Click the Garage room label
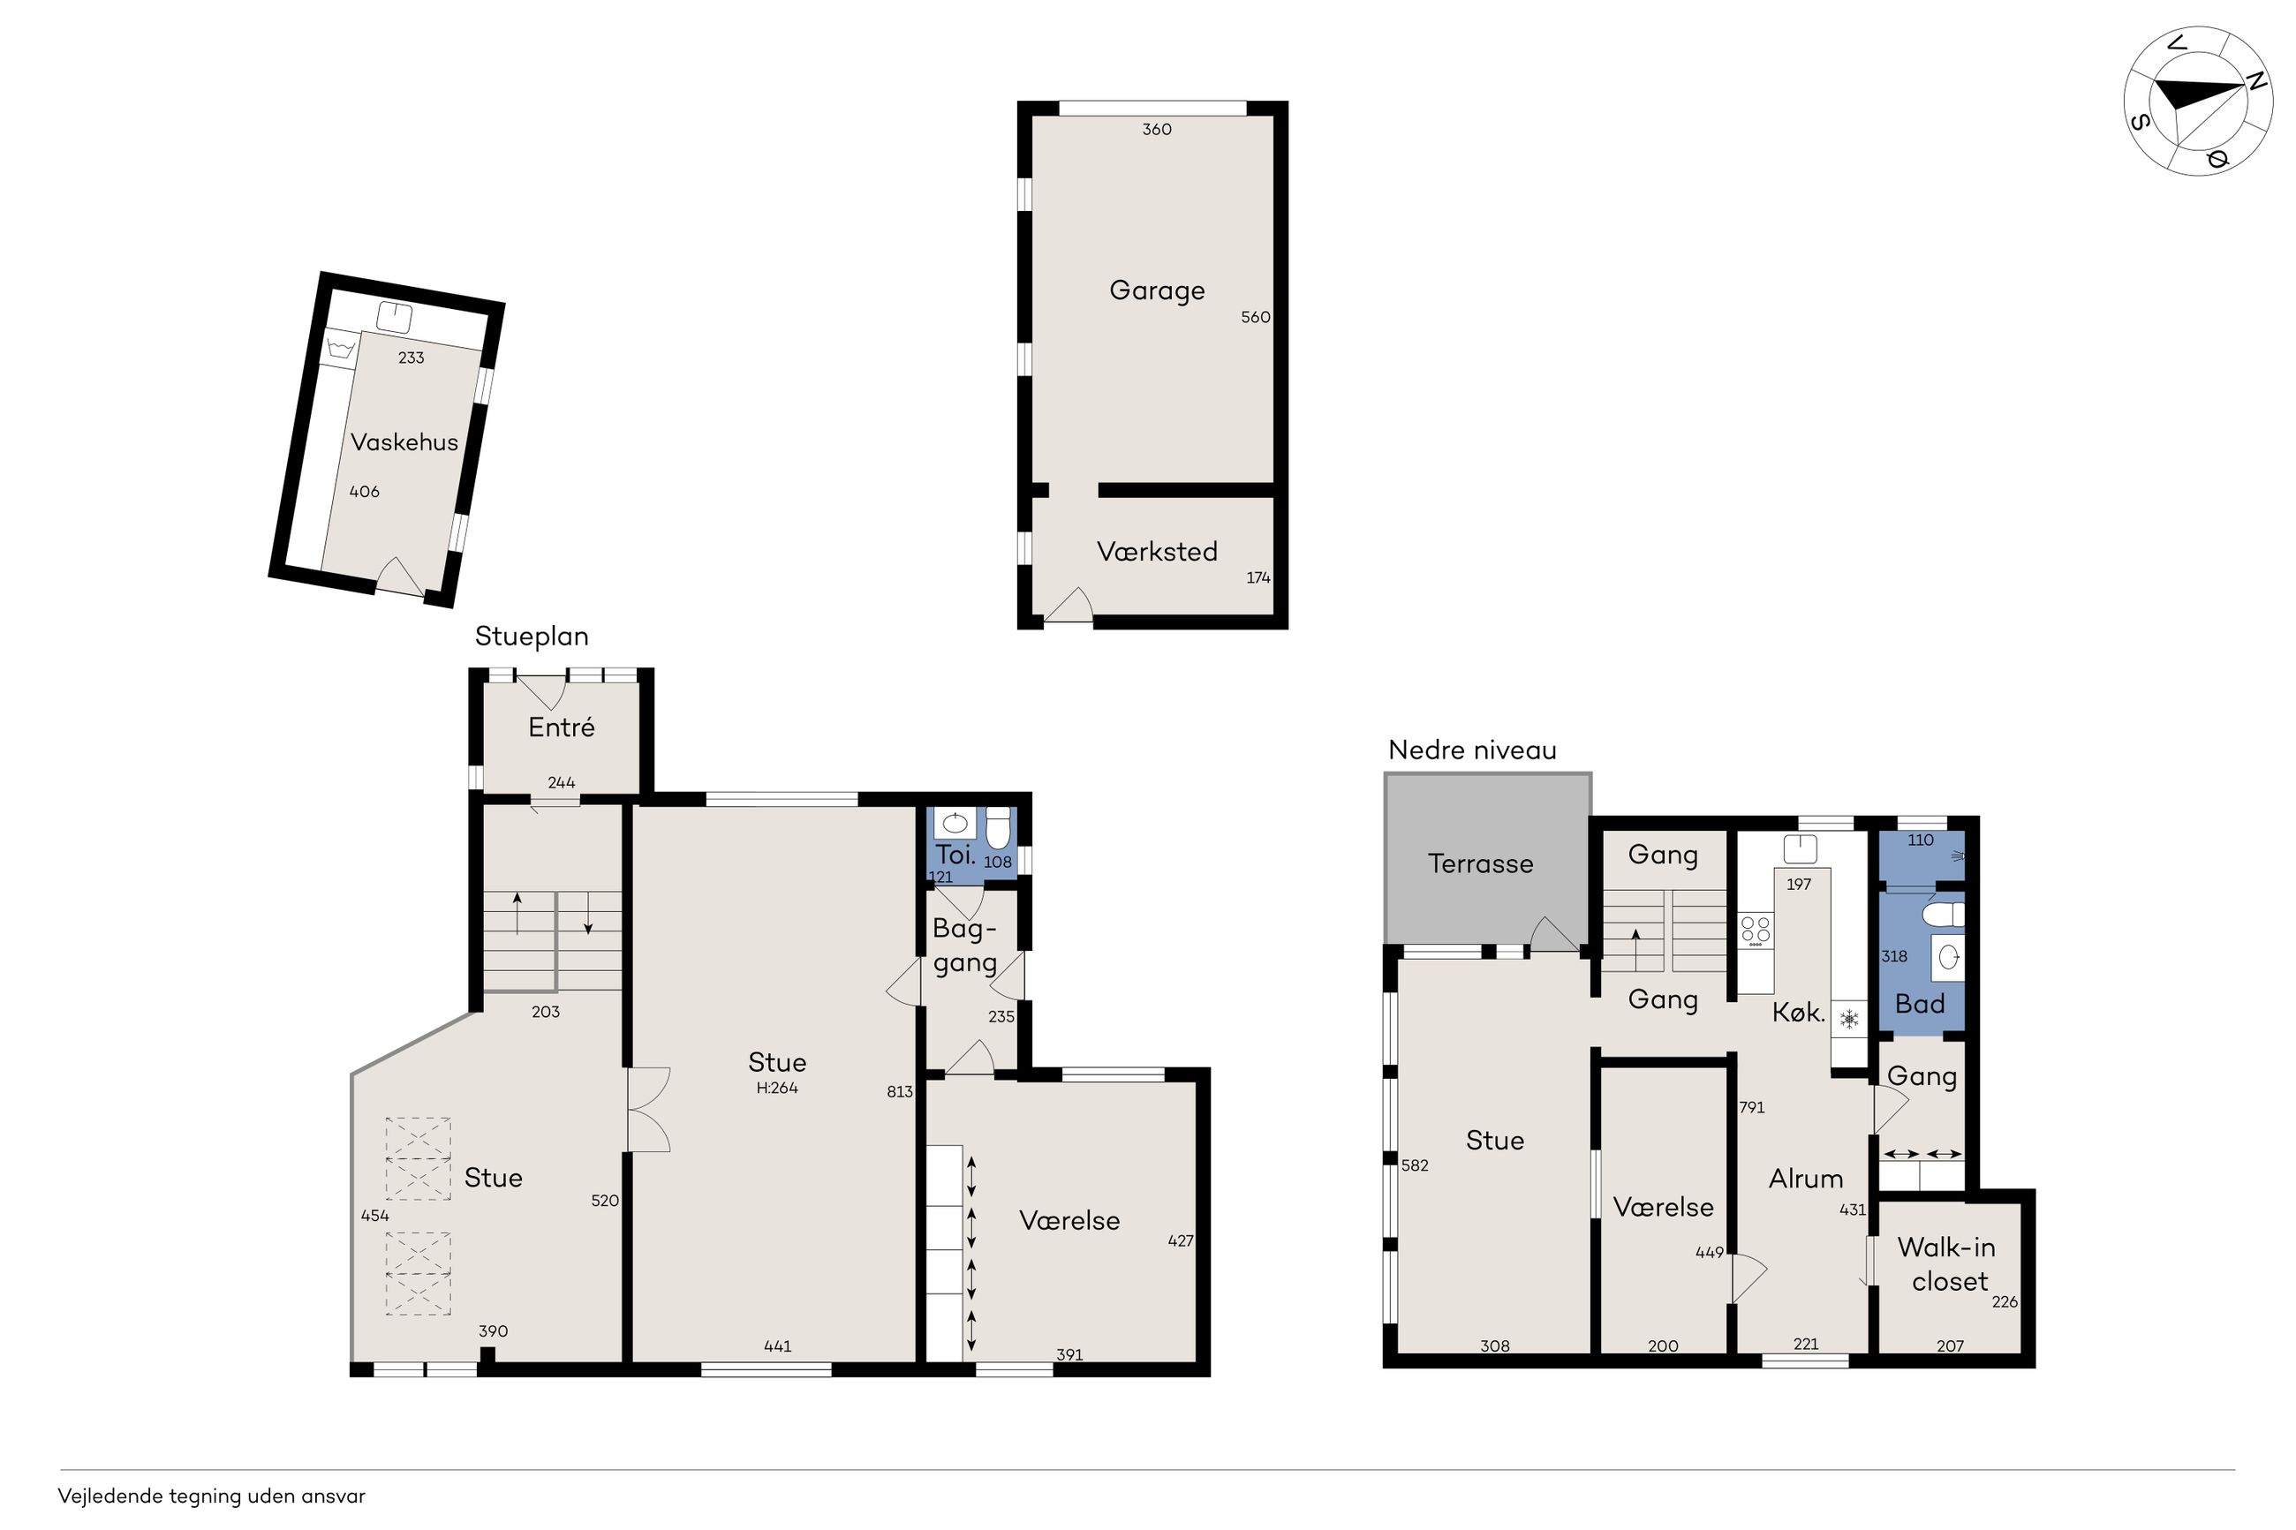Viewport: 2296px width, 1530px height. click(x=1156, y=290)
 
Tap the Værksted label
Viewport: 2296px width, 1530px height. click(x=1156, y=551)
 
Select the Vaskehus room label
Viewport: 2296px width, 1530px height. click(x=404, y=442)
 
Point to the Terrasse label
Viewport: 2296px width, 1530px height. click(x=1480, y=863)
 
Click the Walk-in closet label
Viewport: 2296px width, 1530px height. click(x=1948, y=1263)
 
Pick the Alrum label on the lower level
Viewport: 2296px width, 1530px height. click(x=1806, y=1179)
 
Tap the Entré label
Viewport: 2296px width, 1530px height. click(x=561, y=727)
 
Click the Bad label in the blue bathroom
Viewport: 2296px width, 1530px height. click(x=1919, y=1004)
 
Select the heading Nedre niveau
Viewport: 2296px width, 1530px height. click(x=1472, y=750)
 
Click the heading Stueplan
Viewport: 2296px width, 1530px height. click(x=532, y=637)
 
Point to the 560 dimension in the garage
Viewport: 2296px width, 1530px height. click(x=1256, y=317)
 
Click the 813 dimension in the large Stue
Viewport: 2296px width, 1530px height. click(x=900, y=1092)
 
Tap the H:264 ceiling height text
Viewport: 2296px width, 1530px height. click(x=777, y=1088)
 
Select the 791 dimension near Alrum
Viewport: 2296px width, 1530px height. click(x=1751, y=1107)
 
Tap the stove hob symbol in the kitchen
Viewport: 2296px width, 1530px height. click(x=1756, y=931)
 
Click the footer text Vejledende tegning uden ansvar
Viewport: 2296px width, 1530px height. click(x=212, y=1496)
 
